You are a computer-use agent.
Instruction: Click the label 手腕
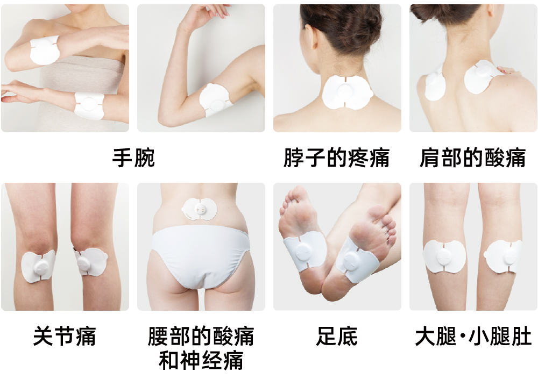point(133,158)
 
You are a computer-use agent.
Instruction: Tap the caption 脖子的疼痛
point(337,158)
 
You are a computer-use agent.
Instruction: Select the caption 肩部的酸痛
point(472,158)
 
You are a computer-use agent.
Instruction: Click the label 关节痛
point(65,336)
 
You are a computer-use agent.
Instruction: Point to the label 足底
point(337,336)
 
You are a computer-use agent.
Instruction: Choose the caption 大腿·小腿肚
point(473,336)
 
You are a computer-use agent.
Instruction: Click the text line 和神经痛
point(201,360)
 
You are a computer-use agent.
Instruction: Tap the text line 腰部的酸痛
point(201,336)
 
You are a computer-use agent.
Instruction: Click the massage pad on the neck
point(347,92)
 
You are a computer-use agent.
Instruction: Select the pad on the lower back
point(200,209)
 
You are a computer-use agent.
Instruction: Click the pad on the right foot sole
point(357,258)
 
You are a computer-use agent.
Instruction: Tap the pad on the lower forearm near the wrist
point(89,105)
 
